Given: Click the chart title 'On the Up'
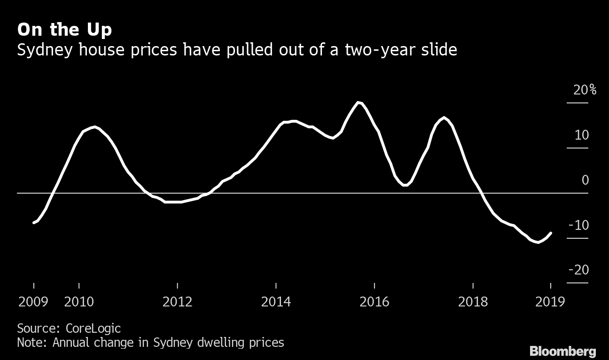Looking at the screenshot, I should [64, 30].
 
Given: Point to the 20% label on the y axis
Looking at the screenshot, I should [584, 90].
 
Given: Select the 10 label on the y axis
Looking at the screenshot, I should [581, 135].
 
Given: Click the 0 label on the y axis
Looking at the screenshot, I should [585, 180].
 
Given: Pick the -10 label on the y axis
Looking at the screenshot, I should [578, 225].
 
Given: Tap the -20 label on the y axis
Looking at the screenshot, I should [578, 270].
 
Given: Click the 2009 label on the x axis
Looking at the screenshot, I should [33, 302].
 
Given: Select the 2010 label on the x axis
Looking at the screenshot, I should [79, 302].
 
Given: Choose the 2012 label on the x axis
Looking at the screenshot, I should [178, 302].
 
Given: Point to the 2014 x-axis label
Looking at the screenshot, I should [276, 302].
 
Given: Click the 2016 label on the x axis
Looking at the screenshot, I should [375, 302].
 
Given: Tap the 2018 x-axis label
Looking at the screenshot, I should [473, 302].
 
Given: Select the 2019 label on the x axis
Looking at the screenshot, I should [550, 302].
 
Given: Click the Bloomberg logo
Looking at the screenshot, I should [562, 351].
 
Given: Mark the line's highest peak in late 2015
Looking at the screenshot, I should [359, 102].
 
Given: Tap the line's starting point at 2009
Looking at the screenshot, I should [33, 223].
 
